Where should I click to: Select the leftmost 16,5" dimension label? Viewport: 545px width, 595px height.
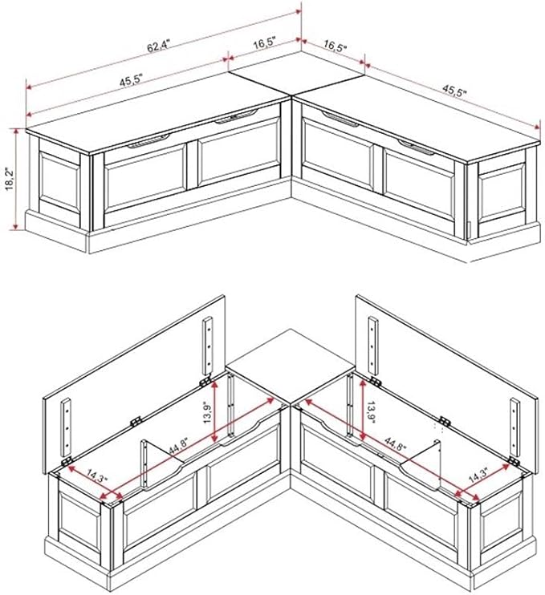tap(264, 42)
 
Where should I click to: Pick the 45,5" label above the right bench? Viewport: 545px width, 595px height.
tap(453, 91)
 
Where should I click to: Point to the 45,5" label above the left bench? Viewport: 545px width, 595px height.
tap(131, 80)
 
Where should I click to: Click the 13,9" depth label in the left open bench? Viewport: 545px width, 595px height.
tap(208, 412)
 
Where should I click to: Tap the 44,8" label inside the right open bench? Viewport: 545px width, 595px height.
tap(396, 443)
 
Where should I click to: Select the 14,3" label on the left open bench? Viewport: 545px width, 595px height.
tap(97, 475)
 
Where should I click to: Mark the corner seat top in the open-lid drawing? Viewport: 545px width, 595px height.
tap(291, 366)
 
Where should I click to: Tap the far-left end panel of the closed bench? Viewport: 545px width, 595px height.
tap(59, 183)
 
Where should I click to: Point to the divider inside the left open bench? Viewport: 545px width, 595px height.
tap(162, 464)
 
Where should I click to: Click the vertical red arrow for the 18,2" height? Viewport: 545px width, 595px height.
tap(15, 179)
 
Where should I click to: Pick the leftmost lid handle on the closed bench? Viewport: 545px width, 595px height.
tap(148, 140)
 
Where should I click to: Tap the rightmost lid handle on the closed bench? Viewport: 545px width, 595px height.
tap(417, 147)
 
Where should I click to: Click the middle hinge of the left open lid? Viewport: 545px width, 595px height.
tap(136, 421)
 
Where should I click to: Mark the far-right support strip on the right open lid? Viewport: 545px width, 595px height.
tap(514, 427)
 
